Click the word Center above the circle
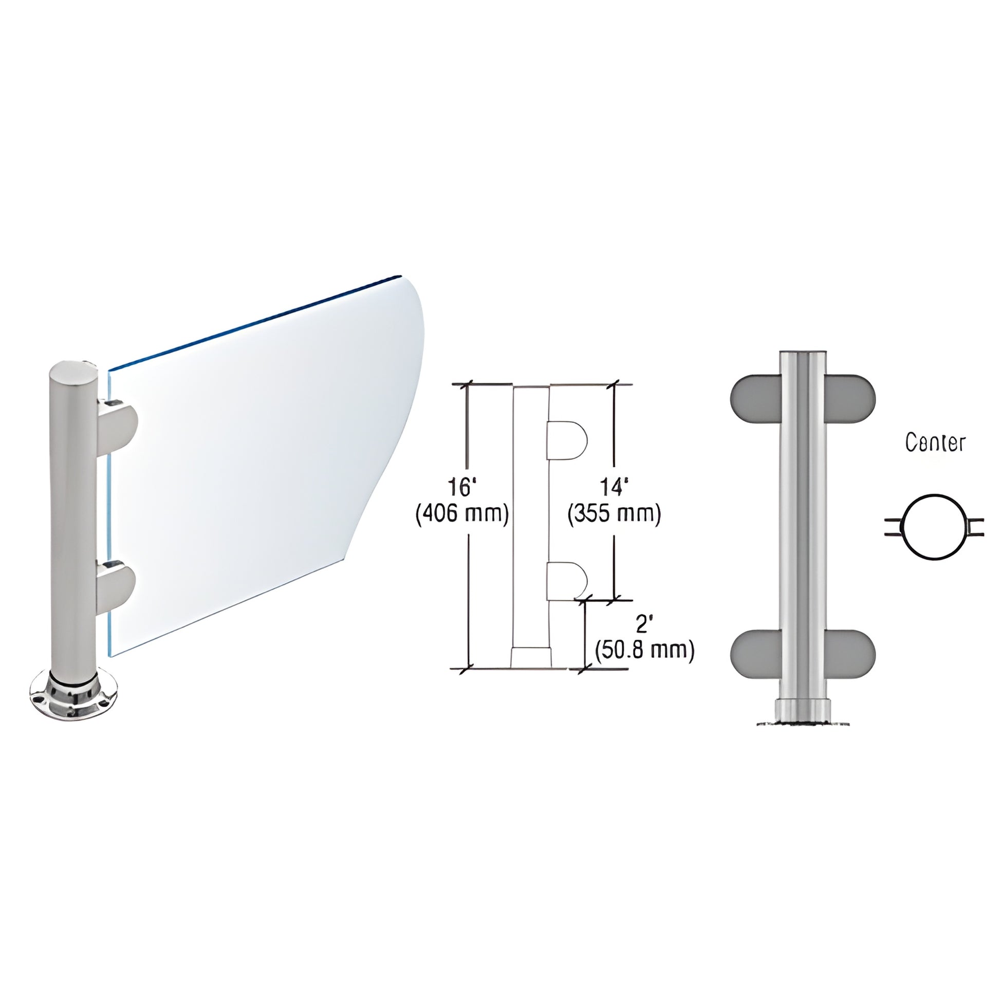[x=935, y=443]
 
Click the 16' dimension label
[x=461, y=488]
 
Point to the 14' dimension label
[x=614, y=488]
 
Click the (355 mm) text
[x=615, y=514]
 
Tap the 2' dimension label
[x=642, y=625]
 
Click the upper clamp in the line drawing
[x=567, y=440]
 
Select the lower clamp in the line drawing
[x=567, y=581]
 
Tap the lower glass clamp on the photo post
[x=117, y=587]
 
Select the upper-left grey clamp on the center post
[x=756, y=398]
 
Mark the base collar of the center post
[x=803, y=709]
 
